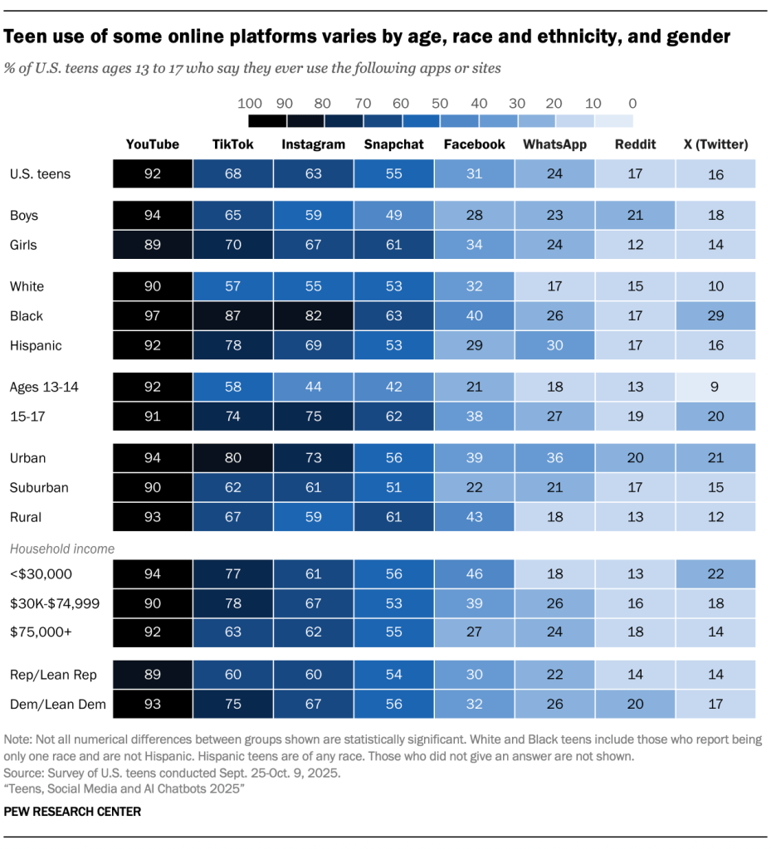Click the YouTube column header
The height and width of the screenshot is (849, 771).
pos(152,144)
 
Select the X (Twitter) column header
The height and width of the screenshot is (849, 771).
pos(715,144)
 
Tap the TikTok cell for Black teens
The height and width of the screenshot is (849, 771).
pos(232,316)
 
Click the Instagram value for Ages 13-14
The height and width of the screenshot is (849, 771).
pos(313,387)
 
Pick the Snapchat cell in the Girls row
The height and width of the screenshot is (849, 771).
pos(393,245)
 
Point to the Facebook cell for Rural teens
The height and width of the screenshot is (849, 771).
pos(474,517)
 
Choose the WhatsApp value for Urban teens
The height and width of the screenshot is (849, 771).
pos(554,458)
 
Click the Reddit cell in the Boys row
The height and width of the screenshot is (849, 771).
pos(635,216)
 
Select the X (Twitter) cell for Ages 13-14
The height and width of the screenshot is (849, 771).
pos(715,387)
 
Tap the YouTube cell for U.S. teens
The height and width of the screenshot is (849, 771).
pos(152,174)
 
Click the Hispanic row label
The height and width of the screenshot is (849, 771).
pos(36,345)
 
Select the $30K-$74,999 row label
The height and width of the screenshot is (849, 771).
pos(55,603)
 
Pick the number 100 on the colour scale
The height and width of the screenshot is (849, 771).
pos(250,104)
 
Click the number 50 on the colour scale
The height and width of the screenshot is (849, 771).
pos(440,104)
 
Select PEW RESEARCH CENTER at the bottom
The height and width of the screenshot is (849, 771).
pos(72,812)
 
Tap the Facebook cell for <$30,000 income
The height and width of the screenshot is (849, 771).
pos(474,574)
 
